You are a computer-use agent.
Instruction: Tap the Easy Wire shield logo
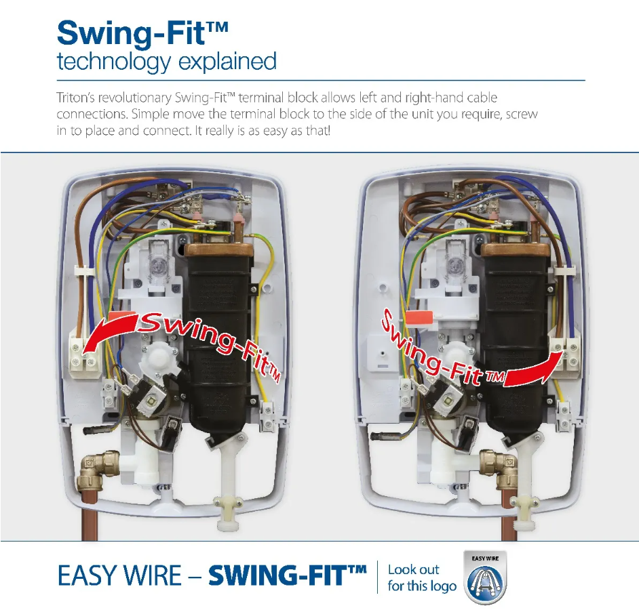coord(485,577)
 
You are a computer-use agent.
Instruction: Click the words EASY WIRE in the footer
coord(119,576)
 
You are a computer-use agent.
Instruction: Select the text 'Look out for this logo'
coord(422,577)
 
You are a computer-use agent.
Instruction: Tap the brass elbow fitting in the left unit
coord(97,469)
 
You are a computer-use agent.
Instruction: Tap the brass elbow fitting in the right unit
coord(499,468)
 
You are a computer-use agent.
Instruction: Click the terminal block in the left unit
coord(83,352)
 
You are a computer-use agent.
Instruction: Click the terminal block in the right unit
coord(565,351)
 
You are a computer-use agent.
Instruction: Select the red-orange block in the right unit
coord(419,317)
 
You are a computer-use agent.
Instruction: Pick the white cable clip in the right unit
coord(565,271)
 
